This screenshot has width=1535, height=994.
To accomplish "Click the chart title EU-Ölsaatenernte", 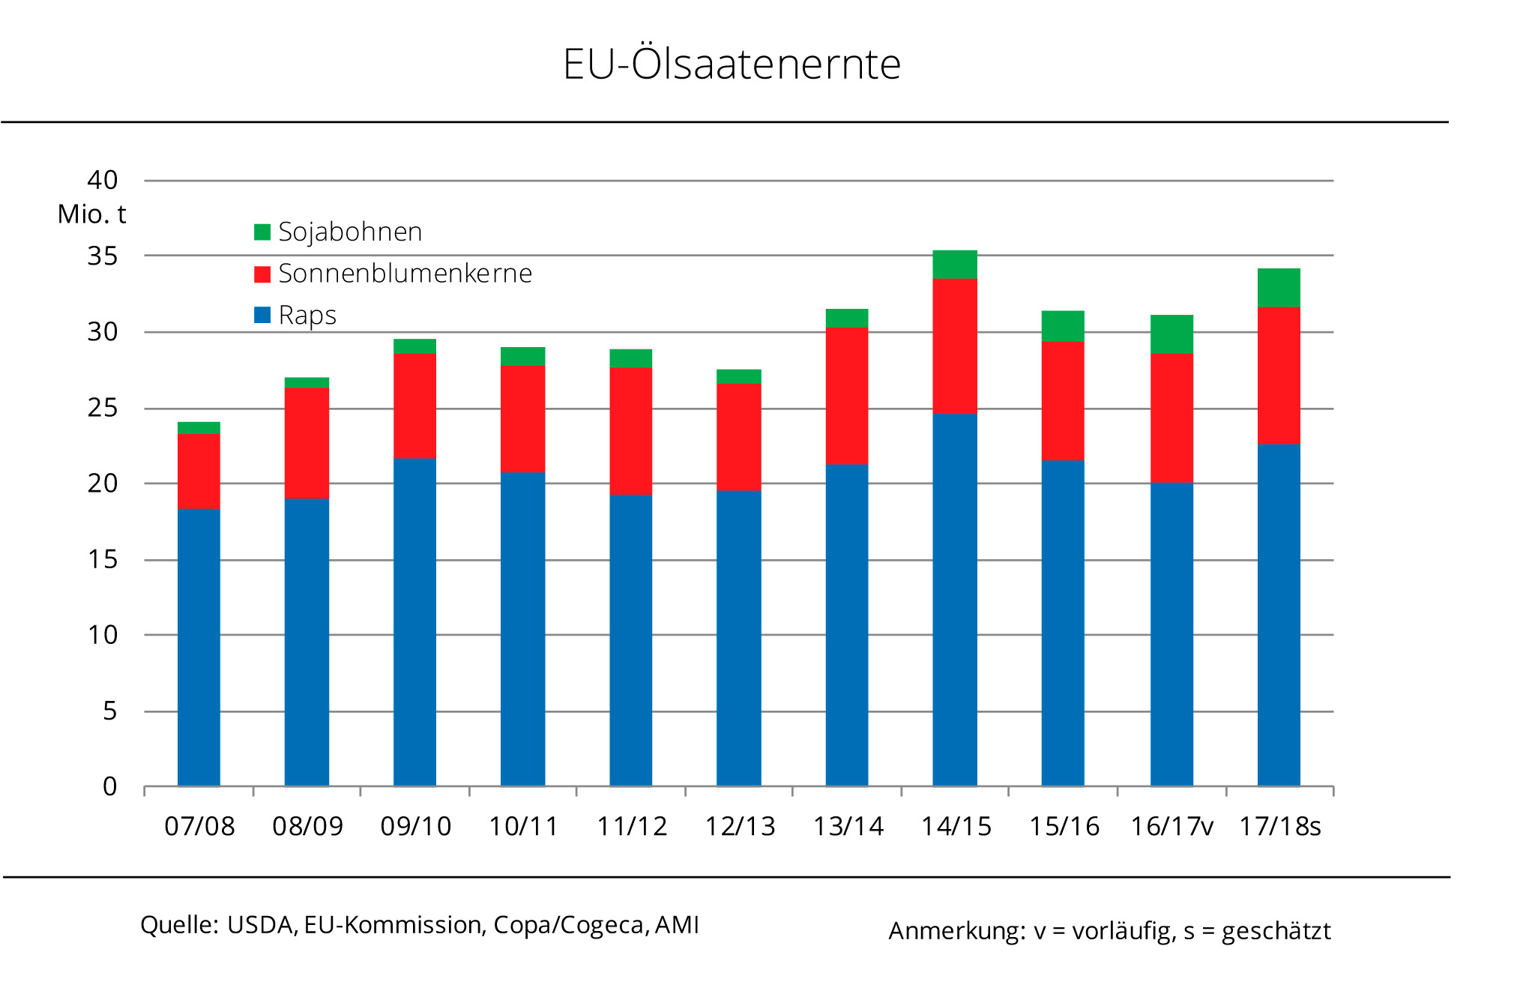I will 732,64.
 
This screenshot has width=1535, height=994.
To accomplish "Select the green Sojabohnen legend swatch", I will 262,232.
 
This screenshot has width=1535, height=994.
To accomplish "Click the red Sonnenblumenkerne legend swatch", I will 262,274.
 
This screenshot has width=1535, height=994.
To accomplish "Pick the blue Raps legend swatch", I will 262,316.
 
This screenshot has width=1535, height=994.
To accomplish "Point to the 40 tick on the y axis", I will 103,180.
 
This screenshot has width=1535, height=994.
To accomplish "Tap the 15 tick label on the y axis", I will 103,559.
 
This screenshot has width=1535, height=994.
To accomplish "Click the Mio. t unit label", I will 91,214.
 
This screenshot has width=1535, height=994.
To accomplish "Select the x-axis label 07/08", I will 199,827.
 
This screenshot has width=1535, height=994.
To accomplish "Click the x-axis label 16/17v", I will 1171,827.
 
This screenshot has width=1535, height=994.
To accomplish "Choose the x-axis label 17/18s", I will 1279,827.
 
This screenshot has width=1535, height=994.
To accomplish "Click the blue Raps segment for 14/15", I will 955,600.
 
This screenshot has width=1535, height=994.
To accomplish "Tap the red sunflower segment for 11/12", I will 630,430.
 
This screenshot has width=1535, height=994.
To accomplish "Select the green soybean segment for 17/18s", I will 1279,288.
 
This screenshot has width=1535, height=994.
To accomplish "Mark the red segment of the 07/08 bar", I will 199,472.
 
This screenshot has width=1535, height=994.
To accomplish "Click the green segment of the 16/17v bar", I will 1171,334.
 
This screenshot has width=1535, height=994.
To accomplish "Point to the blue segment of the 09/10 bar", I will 414,622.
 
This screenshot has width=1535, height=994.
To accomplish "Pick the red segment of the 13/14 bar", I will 847,396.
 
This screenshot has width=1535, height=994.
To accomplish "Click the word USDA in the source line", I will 260,925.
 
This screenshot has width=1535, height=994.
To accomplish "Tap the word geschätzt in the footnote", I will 1276,931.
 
